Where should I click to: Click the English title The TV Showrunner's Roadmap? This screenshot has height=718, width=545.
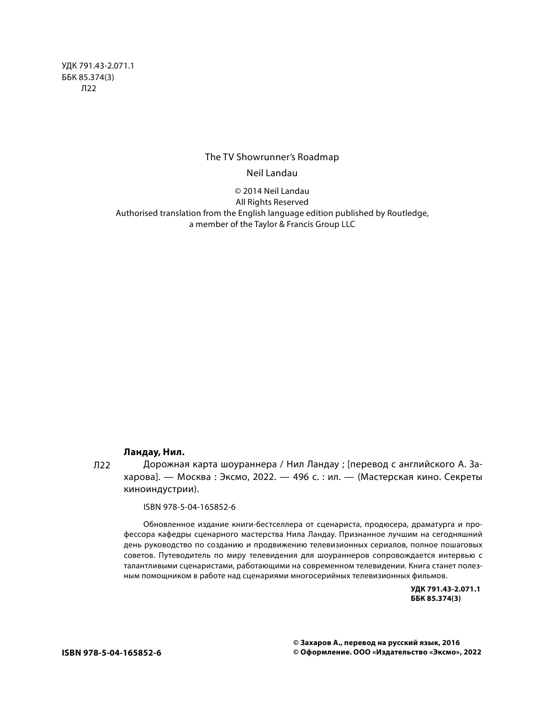(x=272, y=157)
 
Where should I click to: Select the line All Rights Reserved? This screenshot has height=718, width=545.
(x=272, y=202)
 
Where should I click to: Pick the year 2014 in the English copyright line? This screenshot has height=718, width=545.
(x=253, y=191)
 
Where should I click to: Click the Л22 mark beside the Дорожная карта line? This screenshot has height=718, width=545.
(x=102, y=466)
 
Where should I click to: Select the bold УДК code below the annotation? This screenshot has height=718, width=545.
(x=445, y=589)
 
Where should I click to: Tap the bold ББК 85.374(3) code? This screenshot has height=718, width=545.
(x=436, y=598)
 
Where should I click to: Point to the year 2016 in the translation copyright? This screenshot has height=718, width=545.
(x=450, y=642)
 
